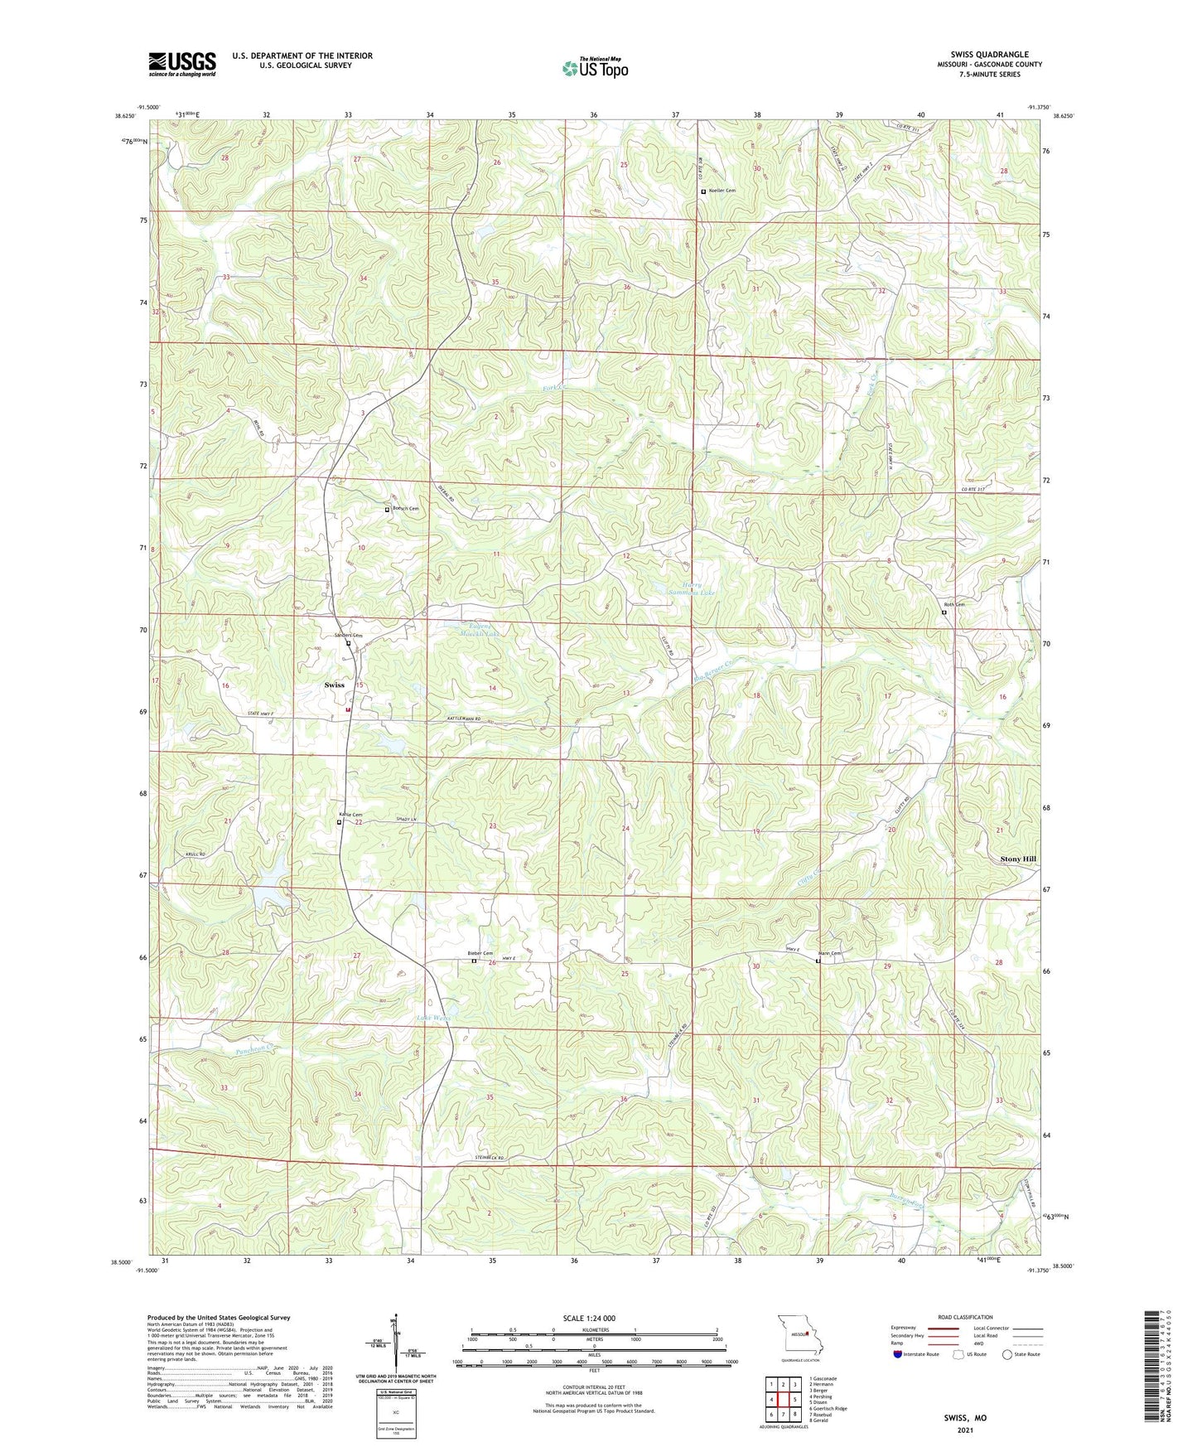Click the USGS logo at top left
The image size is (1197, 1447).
(182, 64)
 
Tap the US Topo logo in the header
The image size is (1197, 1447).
(594, 68)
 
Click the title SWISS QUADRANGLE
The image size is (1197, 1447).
(990, 55)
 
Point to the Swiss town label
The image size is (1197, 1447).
(335, 685)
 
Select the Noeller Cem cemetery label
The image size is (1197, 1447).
(721, 191)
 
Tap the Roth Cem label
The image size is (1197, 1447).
(954, 605)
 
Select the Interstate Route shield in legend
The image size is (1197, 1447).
(899, 1354)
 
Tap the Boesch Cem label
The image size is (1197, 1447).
(405, 509)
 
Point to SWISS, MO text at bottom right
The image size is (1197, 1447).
(965, 1418)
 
